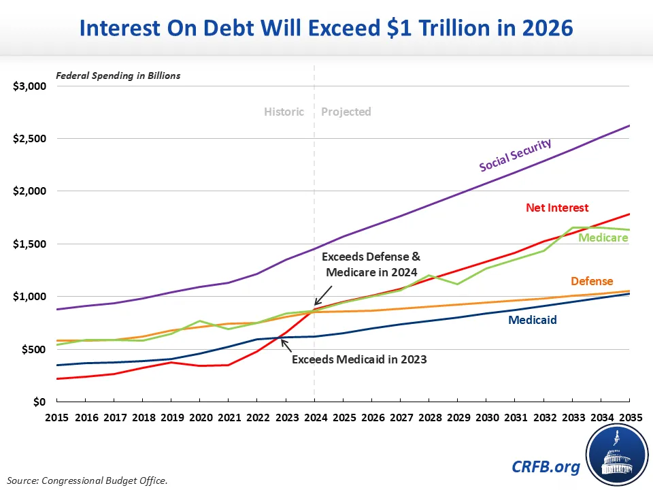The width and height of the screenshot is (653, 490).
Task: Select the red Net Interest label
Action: click(557, 208)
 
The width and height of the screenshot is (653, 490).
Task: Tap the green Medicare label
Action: click(603, 238)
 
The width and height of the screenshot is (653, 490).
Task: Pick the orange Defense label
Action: click(591, 281)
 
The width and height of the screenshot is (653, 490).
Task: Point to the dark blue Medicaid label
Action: click(533, 319)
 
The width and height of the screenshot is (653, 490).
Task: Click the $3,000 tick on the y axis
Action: click(29, 86)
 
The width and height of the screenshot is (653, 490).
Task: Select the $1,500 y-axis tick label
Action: click(29, 244)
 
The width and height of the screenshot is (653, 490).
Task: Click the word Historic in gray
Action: click(284, 112)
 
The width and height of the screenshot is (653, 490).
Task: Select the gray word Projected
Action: click(346, 112)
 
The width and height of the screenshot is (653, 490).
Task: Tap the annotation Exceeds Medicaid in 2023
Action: click(359, 359)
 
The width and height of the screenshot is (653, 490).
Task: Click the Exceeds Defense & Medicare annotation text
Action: click(371, 265)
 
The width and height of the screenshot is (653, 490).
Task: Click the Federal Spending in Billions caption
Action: click(118, 76)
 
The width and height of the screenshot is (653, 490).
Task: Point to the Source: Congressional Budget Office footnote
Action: click(87, 480)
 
